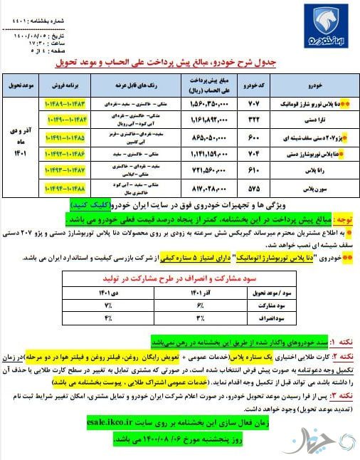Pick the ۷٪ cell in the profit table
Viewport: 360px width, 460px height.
click(x=110, y=305)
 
